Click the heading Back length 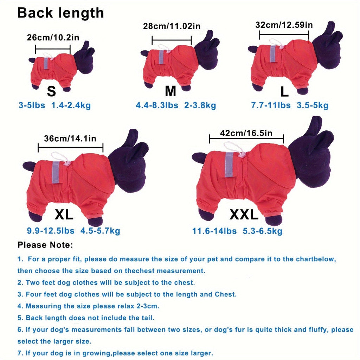(x=60, y=13)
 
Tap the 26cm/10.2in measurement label (x=53, y=37)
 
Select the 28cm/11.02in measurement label (x=172, y=26)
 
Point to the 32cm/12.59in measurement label (x=284, y=25)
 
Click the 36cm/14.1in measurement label (x=70, y=139)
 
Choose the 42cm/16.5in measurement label (x=246, y=133)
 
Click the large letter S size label (x=51, y=91)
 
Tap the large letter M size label (x=171, y=91)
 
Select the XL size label (x=64, y=215)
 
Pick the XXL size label (x=244, y=215)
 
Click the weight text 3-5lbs (x=32, y=105)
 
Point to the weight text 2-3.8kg (x=200, y=105)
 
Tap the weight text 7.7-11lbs (x=271, y=105)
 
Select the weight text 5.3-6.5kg (x=262, y=231)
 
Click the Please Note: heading (x=45, y=245)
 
